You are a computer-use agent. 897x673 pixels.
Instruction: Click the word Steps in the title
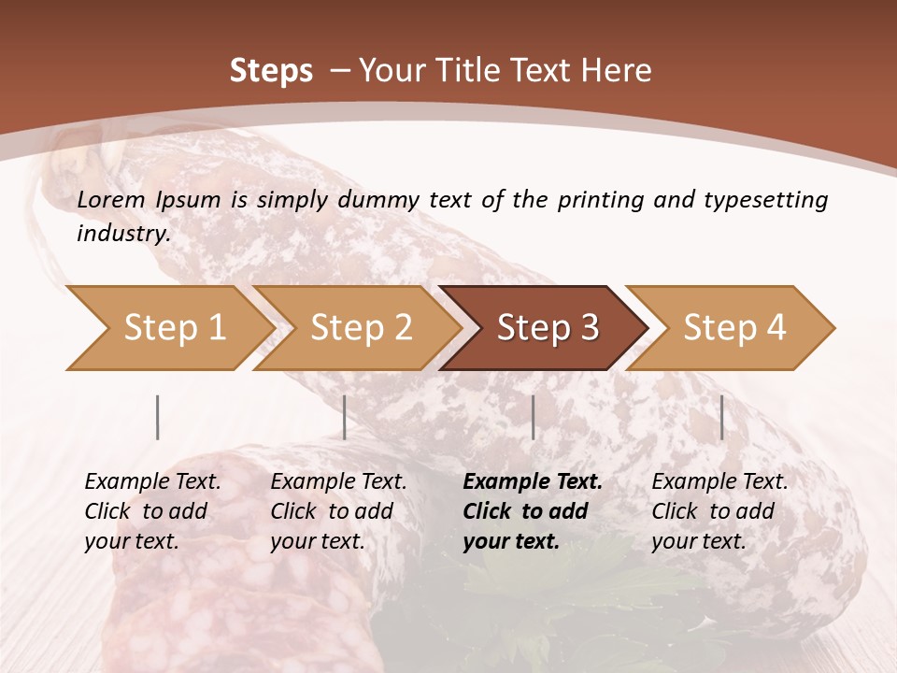pos(271,71)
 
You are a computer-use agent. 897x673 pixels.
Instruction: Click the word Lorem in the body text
pos(110,199)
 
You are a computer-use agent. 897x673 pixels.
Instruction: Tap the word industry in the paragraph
pos(122,234)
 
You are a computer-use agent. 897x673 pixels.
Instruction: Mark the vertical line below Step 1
pos(158,417)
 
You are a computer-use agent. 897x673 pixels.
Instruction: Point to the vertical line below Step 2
pos(345,417)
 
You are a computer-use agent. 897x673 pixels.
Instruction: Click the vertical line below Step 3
pos(534,417)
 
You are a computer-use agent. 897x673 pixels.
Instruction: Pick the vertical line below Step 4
pos(722,417)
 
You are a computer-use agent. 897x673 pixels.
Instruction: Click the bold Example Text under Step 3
pos(533,482)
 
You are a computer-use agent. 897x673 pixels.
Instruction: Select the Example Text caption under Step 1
pos(152,482)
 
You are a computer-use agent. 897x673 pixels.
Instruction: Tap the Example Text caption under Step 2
pos(338,482)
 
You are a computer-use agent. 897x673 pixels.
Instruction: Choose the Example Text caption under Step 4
pos(719,482)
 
